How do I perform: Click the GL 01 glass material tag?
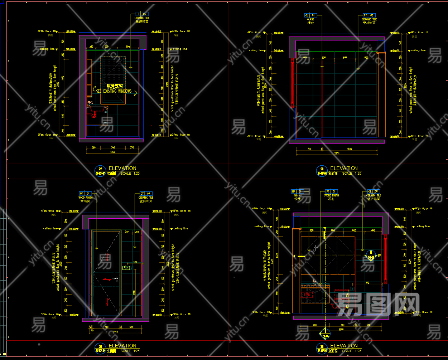tap(310, 15)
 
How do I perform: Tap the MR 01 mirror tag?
tap(297, 191)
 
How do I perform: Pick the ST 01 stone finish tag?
tap(331, 191)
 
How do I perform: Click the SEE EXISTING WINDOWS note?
tap(114, 91)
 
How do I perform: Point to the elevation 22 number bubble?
tap(100, 170)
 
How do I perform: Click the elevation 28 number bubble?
tap(322, 170)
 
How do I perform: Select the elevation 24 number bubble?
tap(100, 347)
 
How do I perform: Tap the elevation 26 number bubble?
tap(322, 347)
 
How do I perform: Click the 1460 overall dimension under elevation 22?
tap(112, 152)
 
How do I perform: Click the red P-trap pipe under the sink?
tap(94, 115)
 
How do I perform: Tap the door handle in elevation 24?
tap(115, 278)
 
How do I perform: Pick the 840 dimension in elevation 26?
tap(367, 283)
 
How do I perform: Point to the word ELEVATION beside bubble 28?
tap(344, 168)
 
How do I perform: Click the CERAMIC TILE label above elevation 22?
tap(142, 18)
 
